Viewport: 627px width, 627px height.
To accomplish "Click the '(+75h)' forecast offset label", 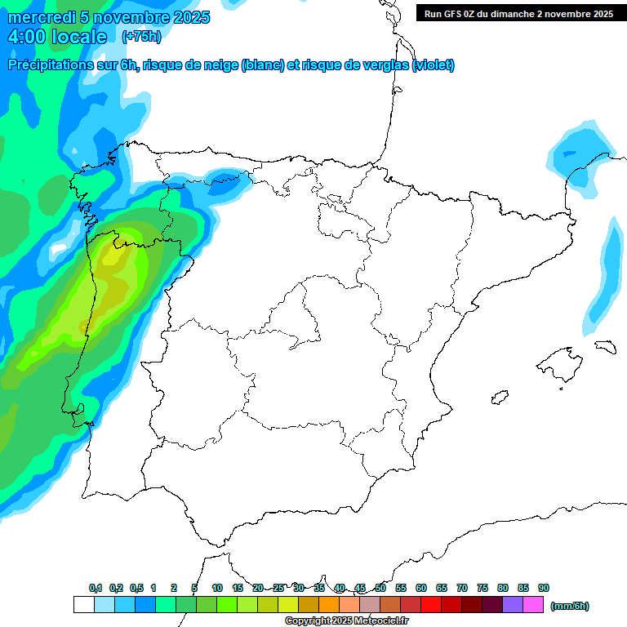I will tap(141, 37).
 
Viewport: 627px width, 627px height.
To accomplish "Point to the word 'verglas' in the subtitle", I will tap(382, 65).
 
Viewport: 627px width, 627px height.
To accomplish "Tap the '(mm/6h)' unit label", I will tap(569, 606).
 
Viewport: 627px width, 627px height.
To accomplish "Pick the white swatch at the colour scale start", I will tap(83, 605).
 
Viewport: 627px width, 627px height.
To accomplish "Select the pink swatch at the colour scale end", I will tap(533, 605).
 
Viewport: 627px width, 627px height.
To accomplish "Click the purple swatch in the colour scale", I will tap(513, 605).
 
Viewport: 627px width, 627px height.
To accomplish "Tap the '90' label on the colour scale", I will tap(544, 589).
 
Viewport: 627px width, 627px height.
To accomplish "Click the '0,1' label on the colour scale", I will tap(96, 589).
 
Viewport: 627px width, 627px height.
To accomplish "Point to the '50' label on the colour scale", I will tap(380, 589).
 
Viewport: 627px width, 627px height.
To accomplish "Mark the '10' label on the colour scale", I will tap(217, 589).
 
